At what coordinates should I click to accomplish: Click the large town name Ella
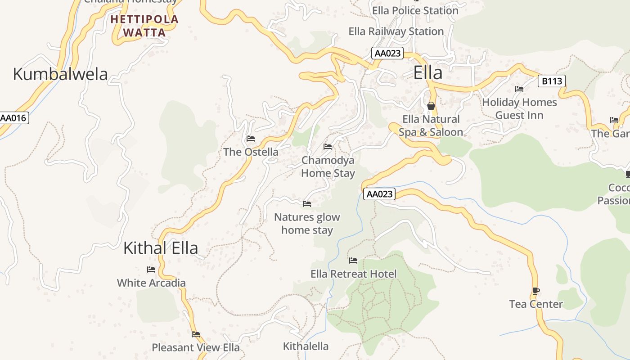point(427,73)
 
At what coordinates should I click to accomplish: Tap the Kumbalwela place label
point(60,74)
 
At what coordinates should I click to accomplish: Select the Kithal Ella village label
point(161,248)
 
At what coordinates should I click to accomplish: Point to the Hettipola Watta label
point(144,26)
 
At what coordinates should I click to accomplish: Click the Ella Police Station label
point(415,10)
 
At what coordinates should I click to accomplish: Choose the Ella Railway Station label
point(396,31)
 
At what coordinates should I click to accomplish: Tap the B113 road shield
point(551,81)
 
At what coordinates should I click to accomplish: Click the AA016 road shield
point(13,118)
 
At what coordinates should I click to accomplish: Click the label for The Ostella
point(251,152)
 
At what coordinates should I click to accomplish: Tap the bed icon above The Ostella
point(251,139)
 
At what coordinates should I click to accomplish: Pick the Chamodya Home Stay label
point(328,166)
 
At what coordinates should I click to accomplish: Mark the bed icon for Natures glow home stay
point(307,204)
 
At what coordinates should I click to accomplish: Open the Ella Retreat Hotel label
point(353,274)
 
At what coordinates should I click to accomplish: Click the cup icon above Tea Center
point(535,291)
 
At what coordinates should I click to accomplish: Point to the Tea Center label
point(535,304)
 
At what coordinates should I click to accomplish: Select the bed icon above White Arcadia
point(151,270)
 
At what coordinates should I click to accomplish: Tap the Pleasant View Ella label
point(195,347)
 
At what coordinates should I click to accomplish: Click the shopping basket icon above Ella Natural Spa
point(431,106)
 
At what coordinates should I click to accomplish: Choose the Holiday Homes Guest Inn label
point(519,109)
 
